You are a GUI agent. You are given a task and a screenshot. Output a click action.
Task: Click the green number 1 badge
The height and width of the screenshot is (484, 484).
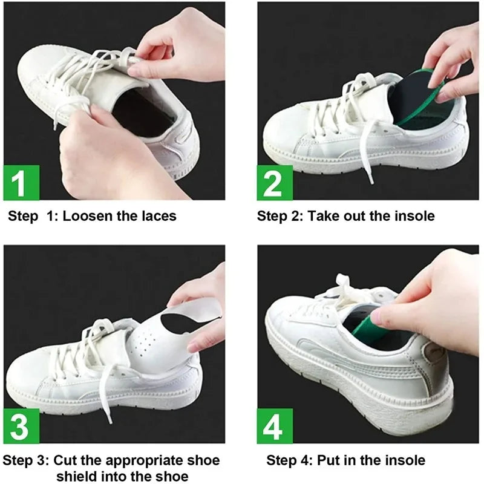coord(22,182)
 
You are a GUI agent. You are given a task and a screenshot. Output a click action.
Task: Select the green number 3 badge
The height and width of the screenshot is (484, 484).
coord(22,426)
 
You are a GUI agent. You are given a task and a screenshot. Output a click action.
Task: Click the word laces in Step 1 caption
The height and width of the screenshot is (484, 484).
coord(157,216)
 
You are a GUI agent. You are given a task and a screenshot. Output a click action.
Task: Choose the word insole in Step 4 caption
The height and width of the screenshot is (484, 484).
coord(403,460)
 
